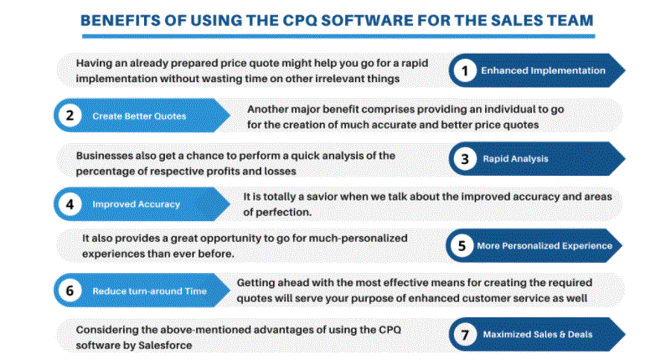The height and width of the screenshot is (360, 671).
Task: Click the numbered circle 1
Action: (465, 70)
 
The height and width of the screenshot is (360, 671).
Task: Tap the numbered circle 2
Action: (70, 116)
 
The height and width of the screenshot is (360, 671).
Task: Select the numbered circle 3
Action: (465, 159)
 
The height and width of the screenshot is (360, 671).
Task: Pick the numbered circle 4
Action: (70, 204)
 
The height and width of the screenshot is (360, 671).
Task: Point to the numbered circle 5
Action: (462, 246)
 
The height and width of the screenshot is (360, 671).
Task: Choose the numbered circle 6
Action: (70, 291)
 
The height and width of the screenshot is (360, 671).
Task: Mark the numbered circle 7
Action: (465, 335)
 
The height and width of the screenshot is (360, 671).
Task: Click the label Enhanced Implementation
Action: (543, 70)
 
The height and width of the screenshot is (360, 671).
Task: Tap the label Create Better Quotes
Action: (139, 116)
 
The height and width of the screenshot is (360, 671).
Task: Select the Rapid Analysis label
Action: (515, 158)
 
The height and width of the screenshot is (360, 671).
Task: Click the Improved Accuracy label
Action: (136, 204)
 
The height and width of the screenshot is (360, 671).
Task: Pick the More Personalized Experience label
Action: (545, 246)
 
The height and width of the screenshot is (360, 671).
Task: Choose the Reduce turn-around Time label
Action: (149, 291)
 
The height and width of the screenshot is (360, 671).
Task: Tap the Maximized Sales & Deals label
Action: (538, 334)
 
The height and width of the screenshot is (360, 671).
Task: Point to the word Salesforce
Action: (165, 345)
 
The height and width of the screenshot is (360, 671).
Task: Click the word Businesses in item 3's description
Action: (104, 156)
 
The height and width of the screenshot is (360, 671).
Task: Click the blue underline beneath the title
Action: (338, 36)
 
